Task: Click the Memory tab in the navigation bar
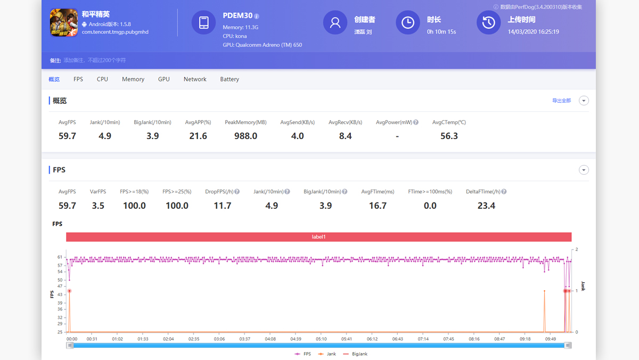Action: (133, 79)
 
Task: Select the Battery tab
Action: (230, 79)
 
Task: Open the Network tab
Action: (195, 79)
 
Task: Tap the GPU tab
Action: (164, 79)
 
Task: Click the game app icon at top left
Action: (64, 23)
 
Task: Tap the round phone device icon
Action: (203, 22)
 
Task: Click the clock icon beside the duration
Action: (407, 22)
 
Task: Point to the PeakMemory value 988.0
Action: (245, 136)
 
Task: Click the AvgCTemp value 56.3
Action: (449, 136)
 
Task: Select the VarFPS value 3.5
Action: (98, 206)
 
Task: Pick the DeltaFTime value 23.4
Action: (486, 206)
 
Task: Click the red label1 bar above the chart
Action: (318, 237)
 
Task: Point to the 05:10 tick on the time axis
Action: (321, 339)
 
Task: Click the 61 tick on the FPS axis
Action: (60, 257)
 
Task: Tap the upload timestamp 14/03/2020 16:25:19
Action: (533, 32)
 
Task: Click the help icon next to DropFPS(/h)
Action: (237, 192)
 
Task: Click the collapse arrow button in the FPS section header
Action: (584, 170)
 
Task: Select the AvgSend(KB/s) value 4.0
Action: (297, 136)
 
